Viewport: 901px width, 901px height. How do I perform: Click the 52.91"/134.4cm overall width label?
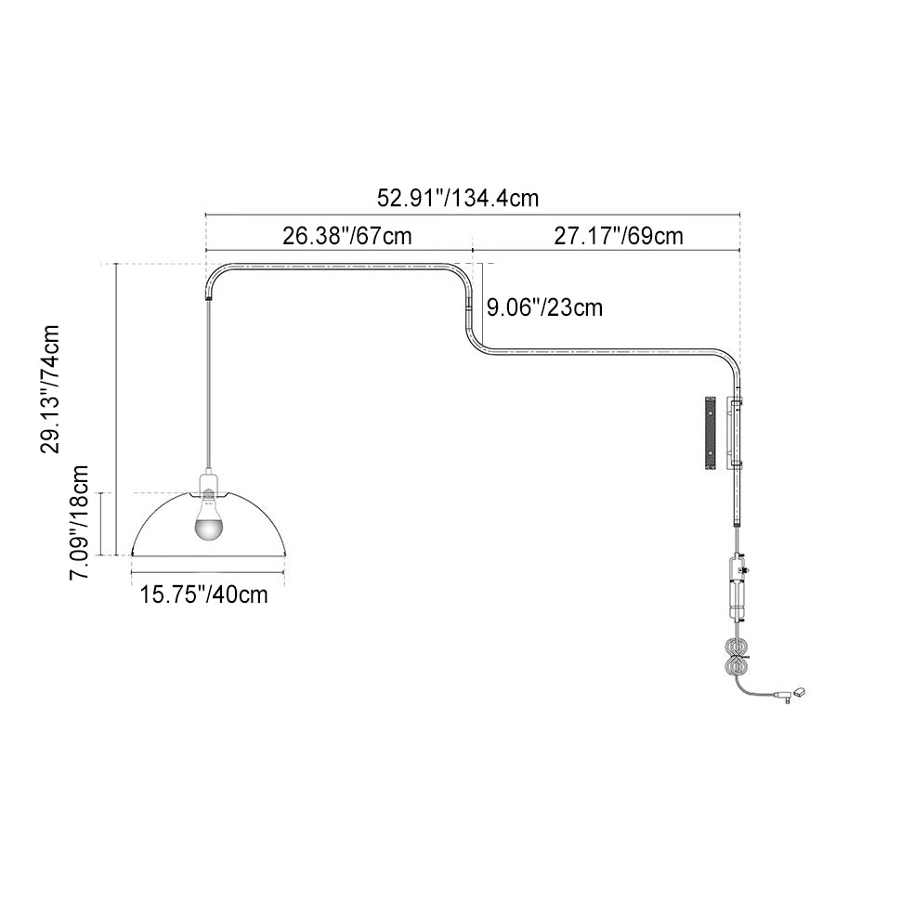click(458, 198)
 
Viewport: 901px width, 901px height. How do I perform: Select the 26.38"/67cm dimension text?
click(347, 236)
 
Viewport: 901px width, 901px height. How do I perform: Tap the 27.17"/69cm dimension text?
click(619, 236)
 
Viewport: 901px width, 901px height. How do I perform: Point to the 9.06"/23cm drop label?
click(544, 307)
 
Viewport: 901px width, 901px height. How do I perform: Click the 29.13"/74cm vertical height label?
click(50, 389)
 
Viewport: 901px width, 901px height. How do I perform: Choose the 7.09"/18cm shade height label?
click(79, 522)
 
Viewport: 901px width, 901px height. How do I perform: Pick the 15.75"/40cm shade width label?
click(204, 594)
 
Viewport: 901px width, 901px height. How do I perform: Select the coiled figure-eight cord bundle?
click(737, 658)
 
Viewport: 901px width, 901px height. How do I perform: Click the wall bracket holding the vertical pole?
click(734, 433)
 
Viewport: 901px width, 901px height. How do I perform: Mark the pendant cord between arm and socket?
click(207, 386)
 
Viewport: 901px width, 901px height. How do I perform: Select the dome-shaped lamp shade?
click(209, 524)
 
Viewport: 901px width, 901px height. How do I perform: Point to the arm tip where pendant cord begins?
click(207, 299)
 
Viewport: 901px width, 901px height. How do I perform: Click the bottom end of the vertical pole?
click(737, 524)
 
